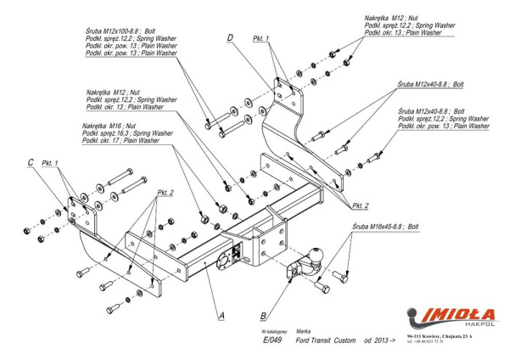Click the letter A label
(x=221, y=316)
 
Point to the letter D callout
(x=231, y=37)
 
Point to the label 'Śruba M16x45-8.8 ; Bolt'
(x=386, y=228)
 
